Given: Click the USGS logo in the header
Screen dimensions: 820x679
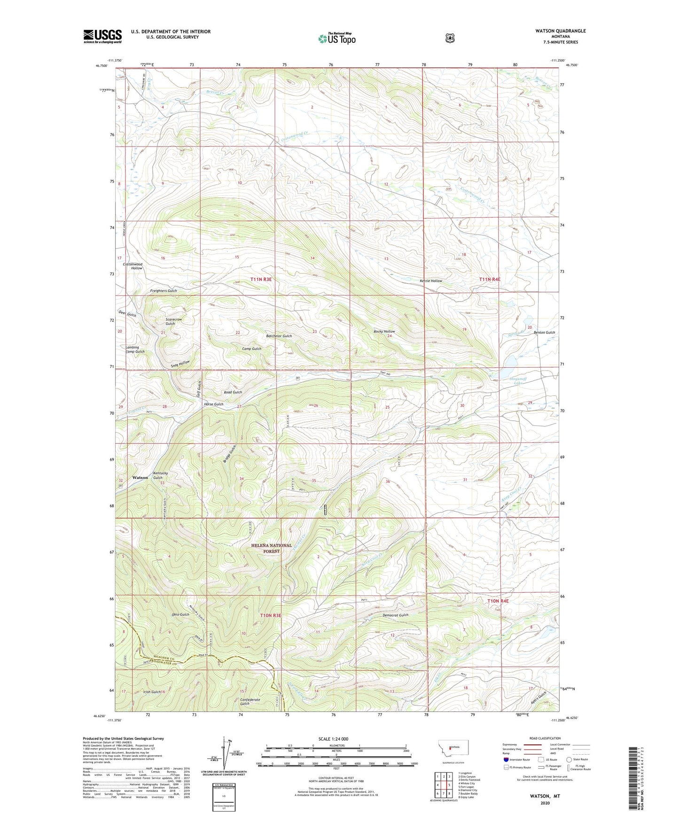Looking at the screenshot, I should click(102, 36).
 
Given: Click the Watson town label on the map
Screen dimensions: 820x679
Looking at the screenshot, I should click(140, 477).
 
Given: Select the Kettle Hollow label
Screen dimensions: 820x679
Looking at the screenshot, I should click(430, 281).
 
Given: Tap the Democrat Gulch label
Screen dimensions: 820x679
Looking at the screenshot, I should click(395, 615).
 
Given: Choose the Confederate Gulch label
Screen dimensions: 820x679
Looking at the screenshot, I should click(250, 701).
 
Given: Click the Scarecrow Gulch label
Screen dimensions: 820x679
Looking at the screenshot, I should click(173, 321).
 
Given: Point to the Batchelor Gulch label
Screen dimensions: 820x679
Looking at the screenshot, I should click(279, 336).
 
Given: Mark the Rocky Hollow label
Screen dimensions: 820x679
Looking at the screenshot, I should click(384, 331).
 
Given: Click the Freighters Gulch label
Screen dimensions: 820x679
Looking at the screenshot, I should click(164, 291).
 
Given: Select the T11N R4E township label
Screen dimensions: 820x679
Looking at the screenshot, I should click(490, 279).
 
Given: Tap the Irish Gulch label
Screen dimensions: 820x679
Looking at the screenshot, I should click(152, 692).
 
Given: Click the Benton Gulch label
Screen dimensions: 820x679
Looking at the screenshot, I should click(544, 332).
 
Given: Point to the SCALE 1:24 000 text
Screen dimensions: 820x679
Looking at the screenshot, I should click(333, 739).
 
